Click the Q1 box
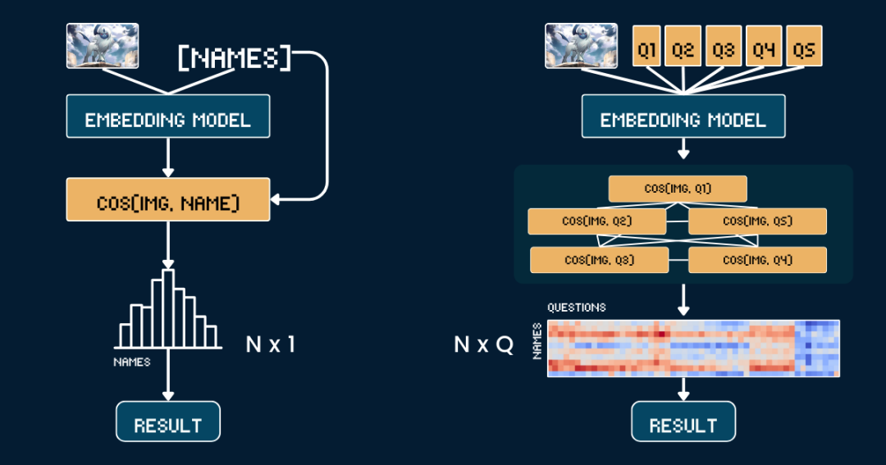tap(646, 46)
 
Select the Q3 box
tap(724, 46)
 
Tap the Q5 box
tap(803, 46)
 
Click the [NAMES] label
tap(235, 58)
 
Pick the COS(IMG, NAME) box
tap(168, 199)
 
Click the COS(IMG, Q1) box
tap(678, 189)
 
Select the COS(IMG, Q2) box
tap(596, 221)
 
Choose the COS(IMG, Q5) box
tap(757, 221)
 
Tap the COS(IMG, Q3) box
tap(599, 260)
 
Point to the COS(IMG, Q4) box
tap(757, 260)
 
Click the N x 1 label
tap(271, 344)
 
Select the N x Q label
tap(484, 344)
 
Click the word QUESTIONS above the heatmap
tap(577, 308)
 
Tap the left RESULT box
tap(168, 422)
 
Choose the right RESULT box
tap(683, 422)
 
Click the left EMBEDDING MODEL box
tap(168, 116)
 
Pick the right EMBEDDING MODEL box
tap(683, 116)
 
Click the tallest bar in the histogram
tap(168, 308)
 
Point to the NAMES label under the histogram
tap(131, 362)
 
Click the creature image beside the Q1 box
tap(581, 46)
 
